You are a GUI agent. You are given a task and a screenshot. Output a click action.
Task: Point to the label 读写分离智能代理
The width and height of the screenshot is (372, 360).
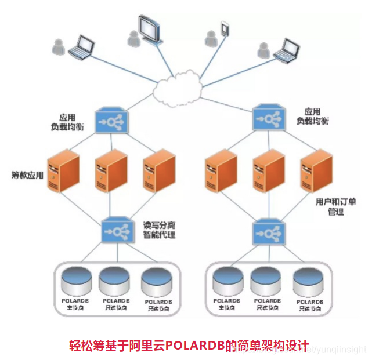tap(160, 230)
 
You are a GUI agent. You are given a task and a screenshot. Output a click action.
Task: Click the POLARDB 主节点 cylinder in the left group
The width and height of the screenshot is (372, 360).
tap(76, 281)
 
